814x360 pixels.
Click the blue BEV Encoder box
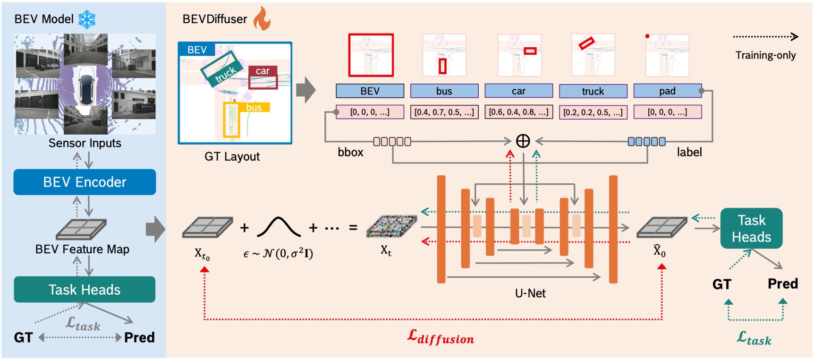(85, 182)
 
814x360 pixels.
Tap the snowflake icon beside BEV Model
(87, 19)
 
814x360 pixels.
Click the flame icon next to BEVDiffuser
(262, 19)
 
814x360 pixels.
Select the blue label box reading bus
(444, 91)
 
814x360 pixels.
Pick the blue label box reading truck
(593, 91)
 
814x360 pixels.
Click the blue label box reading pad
(667, 91)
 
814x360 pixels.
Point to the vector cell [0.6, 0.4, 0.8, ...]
(518, 112)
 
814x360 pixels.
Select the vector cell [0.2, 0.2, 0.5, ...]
(593, 112)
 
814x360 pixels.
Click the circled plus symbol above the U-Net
(523, 141)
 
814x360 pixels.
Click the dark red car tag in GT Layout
(263, 71)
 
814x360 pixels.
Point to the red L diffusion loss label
(441, 337)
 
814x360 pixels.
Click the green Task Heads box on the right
(751, 229)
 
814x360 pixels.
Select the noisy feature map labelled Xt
(391, 226)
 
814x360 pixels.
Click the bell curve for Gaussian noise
(279, 227)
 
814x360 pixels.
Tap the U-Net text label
(530, 293)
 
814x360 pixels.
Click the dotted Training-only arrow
(765, 36)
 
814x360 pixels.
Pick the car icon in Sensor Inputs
(86, 86)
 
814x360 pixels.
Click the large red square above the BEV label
(371, 55)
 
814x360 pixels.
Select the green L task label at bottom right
(754, 338)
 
